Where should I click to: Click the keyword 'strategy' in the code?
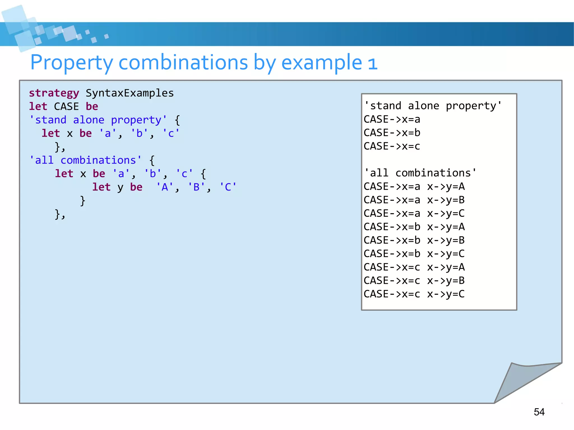[54, 93]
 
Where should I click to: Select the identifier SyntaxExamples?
[129, 93]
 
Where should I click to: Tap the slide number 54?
[539, 412]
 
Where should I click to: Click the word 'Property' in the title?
[71, 62]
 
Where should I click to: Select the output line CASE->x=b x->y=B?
[414, 240]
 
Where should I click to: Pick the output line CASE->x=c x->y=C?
[414, 294]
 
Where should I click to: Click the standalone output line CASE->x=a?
[392, 119]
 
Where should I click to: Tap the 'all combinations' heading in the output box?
[420, 173]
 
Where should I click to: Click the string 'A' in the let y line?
[165, 187]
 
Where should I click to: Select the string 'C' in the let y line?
[228, 187]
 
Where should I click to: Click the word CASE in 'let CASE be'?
[66, 106]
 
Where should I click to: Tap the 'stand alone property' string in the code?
[98, 120]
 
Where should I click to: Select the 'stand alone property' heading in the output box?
[433, 106]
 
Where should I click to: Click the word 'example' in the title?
[321, 62]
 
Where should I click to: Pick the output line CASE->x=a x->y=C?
[414, 213]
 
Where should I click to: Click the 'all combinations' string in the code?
[85, 160]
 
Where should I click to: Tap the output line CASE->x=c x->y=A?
[414, 267]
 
